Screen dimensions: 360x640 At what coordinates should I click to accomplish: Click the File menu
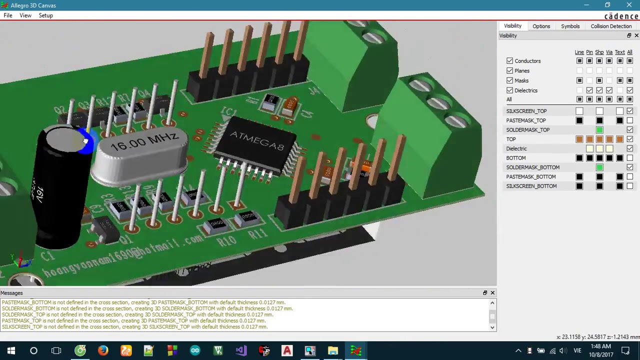click(8, 15)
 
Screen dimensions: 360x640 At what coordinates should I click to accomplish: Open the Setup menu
click(45, 15)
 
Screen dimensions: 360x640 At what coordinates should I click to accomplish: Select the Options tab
click(541, 26)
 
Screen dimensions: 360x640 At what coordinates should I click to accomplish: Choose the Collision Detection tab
click(611, 26)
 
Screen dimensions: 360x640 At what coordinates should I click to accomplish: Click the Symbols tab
click(570, 26)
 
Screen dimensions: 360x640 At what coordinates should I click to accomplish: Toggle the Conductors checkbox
click(509, 61)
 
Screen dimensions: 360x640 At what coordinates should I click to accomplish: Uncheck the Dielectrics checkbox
click(509, 90)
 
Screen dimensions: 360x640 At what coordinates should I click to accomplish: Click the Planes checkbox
click(509, 71)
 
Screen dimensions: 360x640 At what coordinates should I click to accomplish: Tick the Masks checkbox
click(509, 80)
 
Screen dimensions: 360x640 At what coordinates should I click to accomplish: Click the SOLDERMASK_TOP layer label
click(527, 130)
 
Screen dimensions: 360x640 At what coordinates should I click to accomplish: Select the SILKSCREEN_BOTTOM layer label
click(531, 186)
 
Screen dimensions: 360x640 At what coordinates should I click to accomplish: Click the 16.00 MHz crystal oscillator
click(142, 150)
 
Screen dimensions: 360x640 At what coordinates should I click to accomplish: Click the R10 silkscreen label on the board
click(226, 241)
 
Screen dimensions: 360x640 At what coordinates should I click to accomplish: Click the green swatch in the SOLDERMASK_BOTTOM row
click(599, 167)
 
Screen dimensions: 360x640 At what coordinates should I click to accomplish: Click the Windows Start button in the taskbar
click(11, 350)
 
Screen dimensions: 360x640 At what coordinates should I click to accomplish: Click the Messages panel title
click(11, 293)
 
